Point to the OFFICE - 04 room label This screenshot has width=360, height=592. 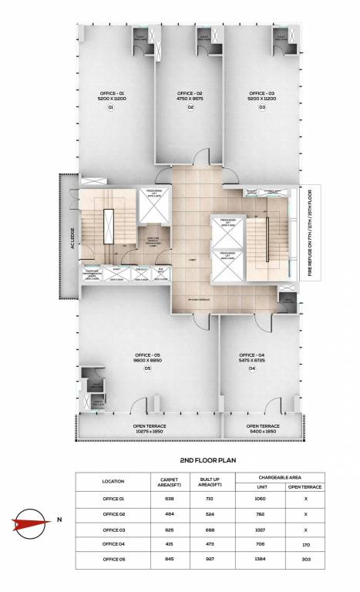(252, 355)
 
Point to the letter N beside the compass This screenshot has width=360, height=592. (59, 520)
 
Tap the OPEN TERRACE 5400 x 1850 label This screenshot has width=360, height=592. (263, 428)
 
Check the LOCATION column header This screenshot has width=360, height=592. (113, 482)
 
